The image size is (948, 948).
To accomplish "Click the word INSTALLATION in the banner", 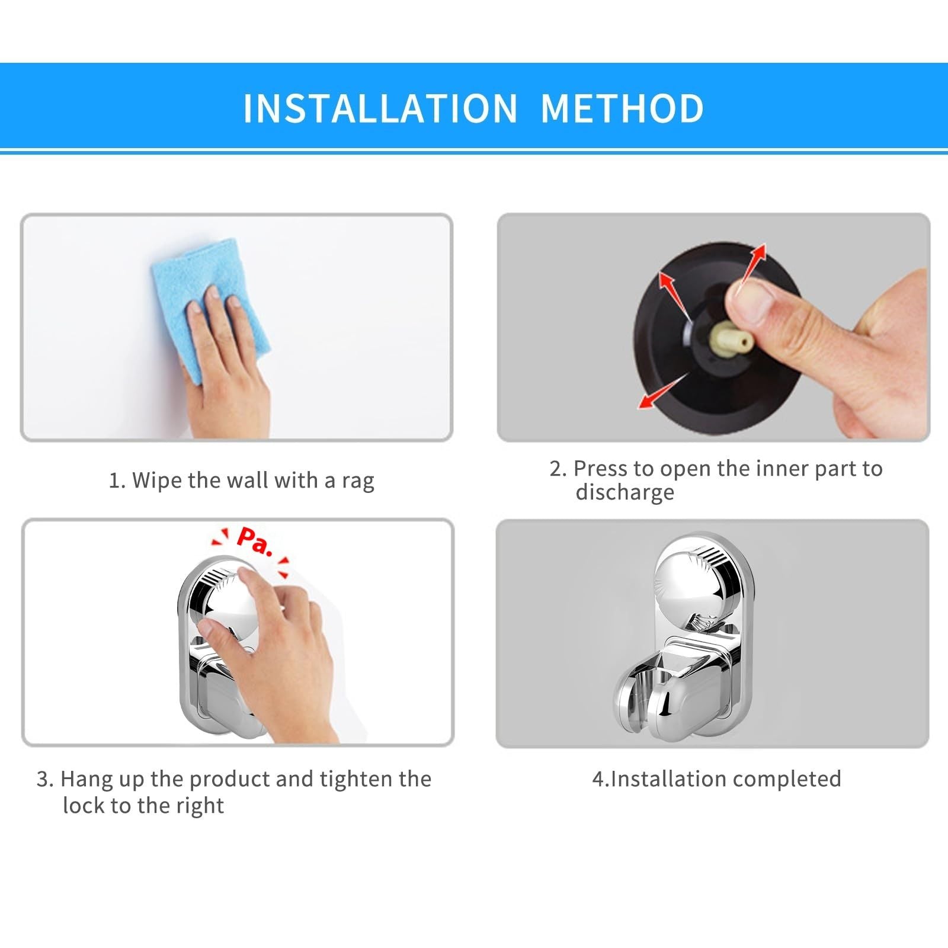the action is (380, 108).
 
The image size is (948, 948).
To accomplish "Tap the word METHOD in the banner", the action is (622, 108).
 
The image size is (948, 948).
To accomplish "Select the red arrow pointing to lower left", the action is (661, 391).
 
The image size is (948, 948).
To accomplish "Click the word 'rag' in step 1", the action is (358, 481).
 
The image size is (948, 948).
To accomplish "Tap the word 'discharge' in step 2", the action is (624, 492).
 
